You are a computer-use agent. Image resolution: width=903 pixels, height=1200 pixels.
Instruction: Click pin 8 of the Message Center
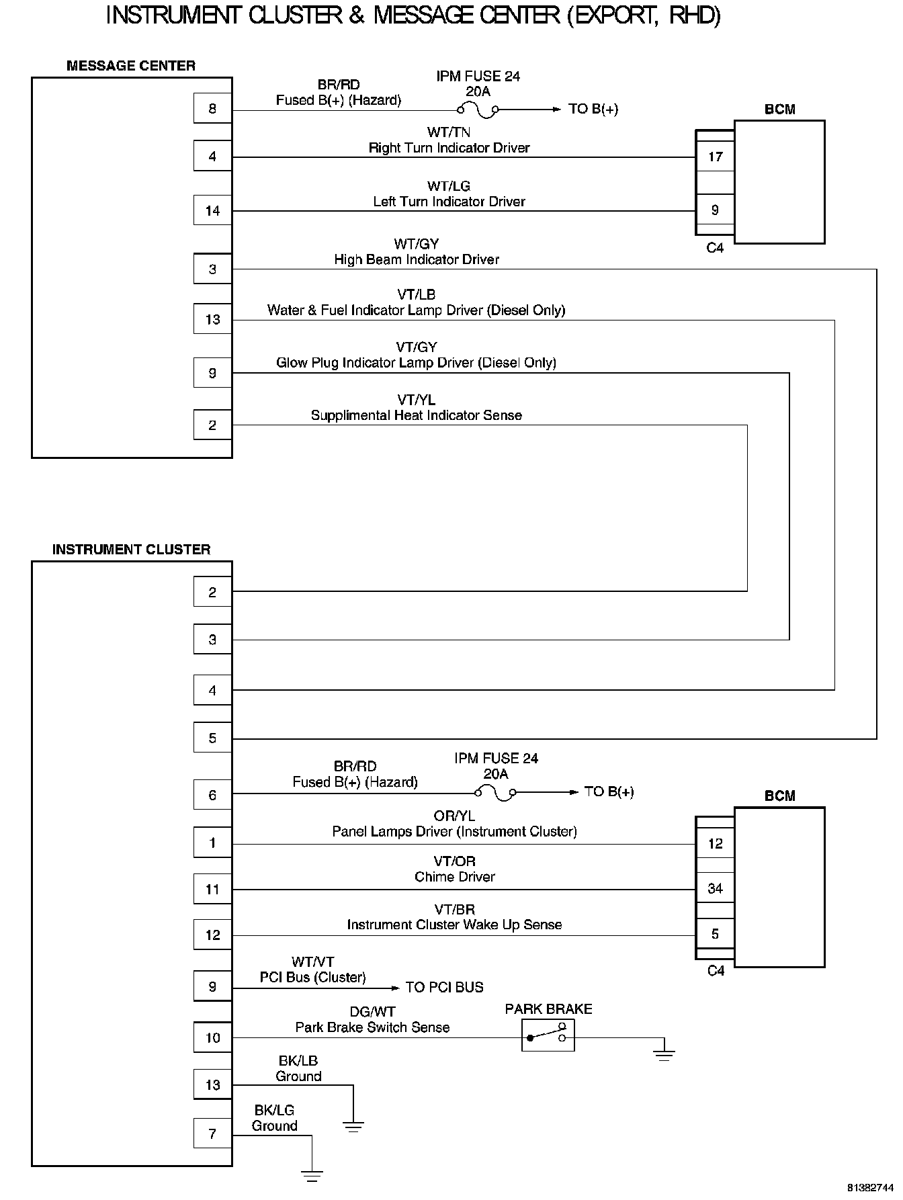point(212,109)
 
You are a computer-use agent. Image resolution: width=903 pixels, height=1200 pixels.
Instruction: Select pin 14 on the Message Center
point(212,211)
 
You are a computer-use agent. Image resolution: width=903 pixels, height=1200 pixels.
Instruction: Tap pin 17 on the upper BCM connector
point(715,157)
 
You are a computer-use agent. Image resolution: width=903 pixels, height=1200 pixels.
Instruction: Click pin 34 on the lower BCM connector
point(715,889)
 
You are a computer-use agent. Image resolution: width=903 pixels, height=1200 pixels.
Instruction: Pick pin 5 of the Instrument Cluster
point(212,738)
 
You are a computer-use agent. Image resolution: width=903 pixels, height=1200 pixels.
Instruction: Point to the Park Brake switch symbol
point(548,1035)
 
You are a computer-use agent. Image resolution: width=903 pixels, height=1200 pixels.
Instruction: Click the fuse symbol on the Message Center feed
point(478,109)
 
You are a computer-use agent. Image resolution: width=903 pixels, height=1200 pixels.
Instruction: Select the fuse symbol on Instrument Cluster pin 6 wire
point(495,793)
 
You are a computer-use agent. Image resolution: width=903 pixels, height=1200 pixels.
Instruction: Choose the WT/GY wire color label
point(417,245)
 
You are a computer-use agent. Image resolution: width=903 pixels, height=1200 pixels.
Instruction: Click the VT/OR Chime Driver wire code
point(455,862)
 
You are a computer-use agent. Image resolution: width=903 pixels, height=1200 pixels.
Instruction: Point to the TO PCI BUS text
point(444,988)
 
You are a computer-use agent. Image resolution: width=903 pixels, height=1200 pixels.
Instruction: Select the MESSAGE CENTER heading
point(131,66)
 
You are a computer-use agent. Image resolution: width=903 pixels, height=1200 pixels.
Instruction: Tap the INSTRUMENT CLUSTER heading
point(131,550)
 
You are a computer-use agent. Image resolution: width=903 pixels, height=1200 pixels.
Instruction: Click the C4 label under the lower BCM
point(716,971)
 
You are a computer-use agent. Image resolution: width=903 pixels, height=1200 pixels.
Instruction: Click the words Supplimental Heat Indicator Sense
point(416,416)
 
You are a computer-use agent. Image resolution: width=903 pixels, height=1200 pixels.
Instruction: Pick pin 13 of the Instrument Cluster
point(212,1085)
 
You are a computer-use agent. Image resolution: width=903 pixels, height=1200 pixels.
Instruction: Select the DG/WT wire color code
point(372,1012)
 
